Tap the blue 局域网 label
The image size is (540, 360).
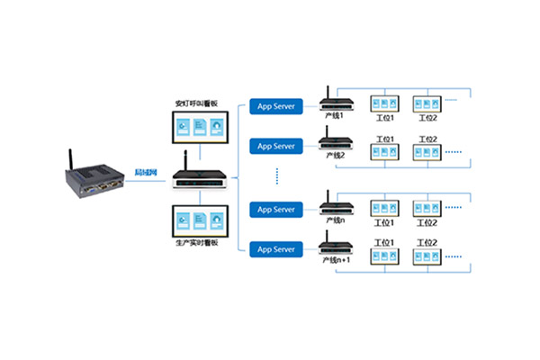(146, 172)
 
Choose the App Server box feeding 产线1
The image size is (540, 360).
(276, 105)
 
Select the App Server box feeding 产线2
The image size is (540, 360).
(276, 146)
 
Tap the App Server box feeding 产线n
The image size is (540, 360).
(276, 209)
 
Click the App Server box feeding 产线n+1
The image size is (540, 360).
(276, 247)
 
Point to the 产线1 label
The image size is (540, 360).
(335, 116)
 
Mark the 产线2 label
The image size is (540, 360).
(335, 155)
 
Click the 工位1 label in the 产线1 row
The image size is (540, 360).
(387, 118)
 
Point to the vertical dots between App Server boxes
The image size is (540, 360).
(276, 175)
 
